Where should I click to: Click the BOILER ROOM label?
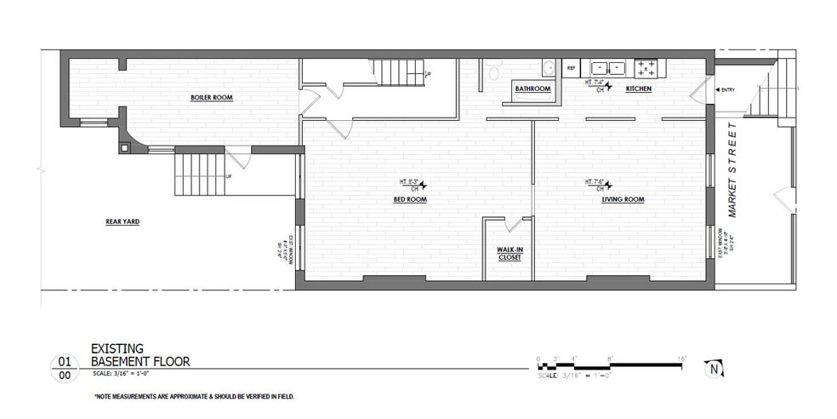[212, 97]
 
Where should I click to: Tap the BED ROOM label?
[409, 199]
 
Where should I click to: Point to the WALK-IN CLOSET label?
[510, 252]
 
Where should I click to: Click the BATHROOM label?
[532, 89]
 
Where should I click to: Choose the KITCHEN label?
[639, 89]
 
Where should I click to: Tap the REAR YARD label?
[122, 221]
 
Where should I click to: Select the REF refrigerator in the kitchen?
[571, 67]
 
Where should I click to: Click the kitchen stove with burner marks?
[646, 66]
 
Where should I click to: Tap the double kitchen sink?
[609, 66]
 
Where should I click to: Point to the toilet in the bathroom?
[493, 71]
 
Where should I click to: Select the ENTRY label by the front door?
[728, 89]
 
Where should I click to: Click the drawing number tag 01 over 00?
[64, 367]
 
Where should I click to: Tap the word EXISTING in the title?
[118, 348]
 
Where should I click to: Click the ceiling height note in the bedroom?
[409, 184]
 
